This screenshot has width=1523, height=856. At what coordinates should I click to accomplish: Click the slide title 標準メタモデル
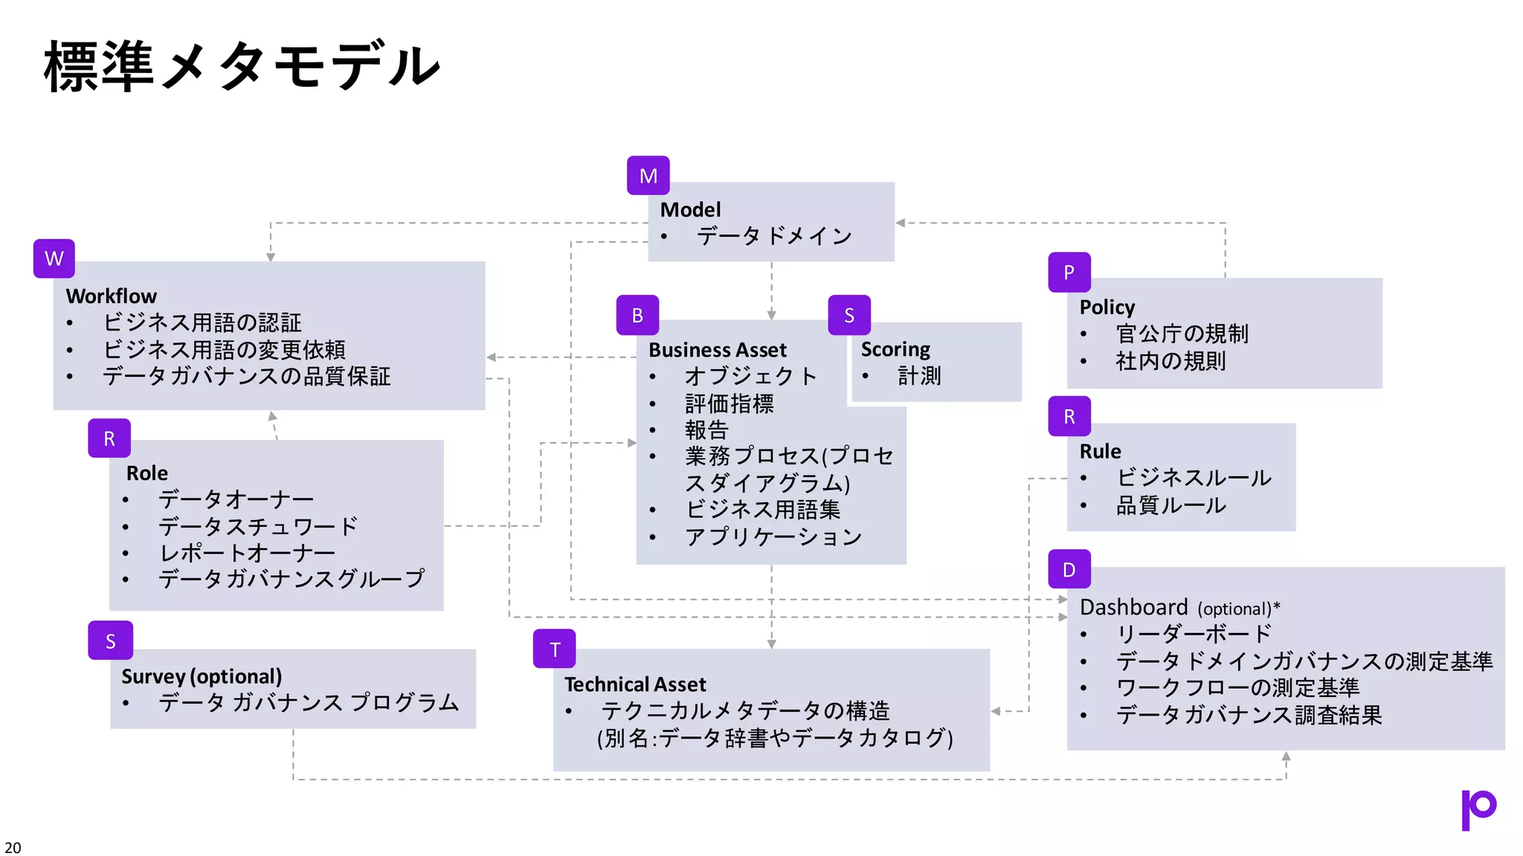242,67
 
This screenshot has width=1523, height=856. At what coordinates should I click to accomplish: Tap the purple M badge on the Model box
648,175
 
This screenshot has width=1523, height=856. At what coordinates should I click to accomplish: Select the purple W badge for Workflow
54,259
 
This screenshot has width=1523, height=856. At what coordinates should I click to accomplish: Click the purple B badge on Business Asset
637,315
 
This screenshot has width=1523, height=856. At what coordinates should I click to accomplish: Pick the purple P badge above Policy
1069,273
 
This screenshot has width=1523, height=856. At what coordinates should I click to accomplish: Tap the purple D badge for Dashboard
1069,569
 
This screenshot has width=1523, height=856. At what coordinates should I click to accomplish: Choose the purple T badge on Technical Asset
555,649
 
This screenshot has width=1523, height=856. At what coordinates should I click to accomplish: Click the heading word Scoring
895,349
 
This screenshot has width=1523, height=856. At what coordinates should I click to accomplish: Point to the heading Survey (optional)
202,676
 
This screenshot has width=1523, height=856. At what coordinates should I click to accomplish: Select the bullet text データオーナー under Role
236,499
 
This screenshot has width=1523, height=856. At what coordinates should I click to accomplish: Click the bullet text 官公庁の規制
1182,334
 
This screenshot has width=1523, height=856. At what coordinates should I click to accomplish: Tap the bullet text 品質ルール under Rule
1171,505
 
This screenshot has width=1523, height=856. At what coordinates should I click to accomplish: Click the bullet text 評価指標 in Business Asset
729,403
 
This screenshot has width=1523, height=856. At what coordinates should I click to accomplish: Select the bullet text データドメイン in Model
774,236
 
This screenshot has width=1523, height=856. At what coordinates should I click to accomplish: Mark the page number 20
13,847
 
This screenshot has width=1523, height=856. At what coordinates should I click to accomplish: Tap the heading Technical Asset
635,684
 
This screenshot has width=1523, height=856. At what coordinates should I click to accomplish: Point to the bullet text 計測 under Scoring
919,376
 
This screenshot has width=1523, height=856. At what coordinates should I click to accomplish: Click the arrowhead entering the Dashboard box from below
1286,756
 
